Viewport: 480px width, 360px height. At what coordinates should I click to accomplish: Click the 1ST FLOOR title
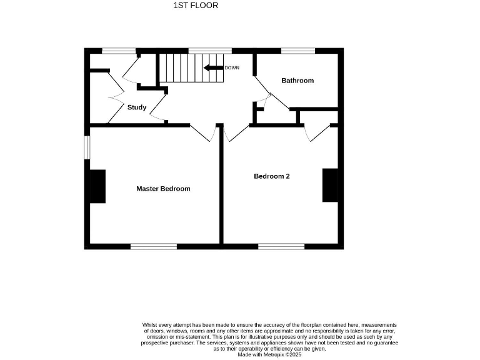(x=196, y=6)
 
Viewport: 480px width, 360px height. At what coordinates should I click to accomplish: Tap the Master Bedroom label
(x=163, y=189)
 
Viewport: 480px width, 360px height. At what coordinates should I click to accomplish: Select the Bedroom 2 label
(x=271, y=176)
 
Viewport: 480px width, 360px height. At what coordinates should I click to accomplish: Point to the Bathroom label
(x=297, y=81)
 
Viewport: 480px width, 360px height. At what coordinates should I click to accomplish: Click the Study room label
(x=137, y=107)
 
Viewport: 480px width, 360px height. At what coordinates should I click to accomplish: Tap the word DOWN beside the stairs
(x=232, y=67)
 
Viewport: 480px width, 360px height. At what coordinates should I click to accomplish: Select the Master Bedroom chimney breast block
(x=97, y=186)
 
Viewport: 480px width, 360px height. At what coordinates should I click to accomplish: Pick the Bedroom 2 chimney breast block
(x=330, y=185)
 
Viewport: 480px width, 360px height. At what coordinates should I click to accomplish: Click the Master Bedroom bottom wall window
(x=153, y=246)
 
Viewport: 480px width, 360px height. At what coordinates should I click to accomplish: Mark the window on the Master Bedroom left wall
(x=87, y=147)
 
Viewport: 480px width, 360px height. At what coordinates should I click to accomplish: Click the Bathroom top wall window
(x=297, y=51)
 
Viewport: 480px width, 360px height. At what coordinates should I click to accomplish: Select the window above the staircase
(x=209, y=51)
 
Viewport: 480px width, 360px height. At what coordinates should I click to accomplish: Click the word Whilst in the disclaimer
(x=149, y=325)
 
